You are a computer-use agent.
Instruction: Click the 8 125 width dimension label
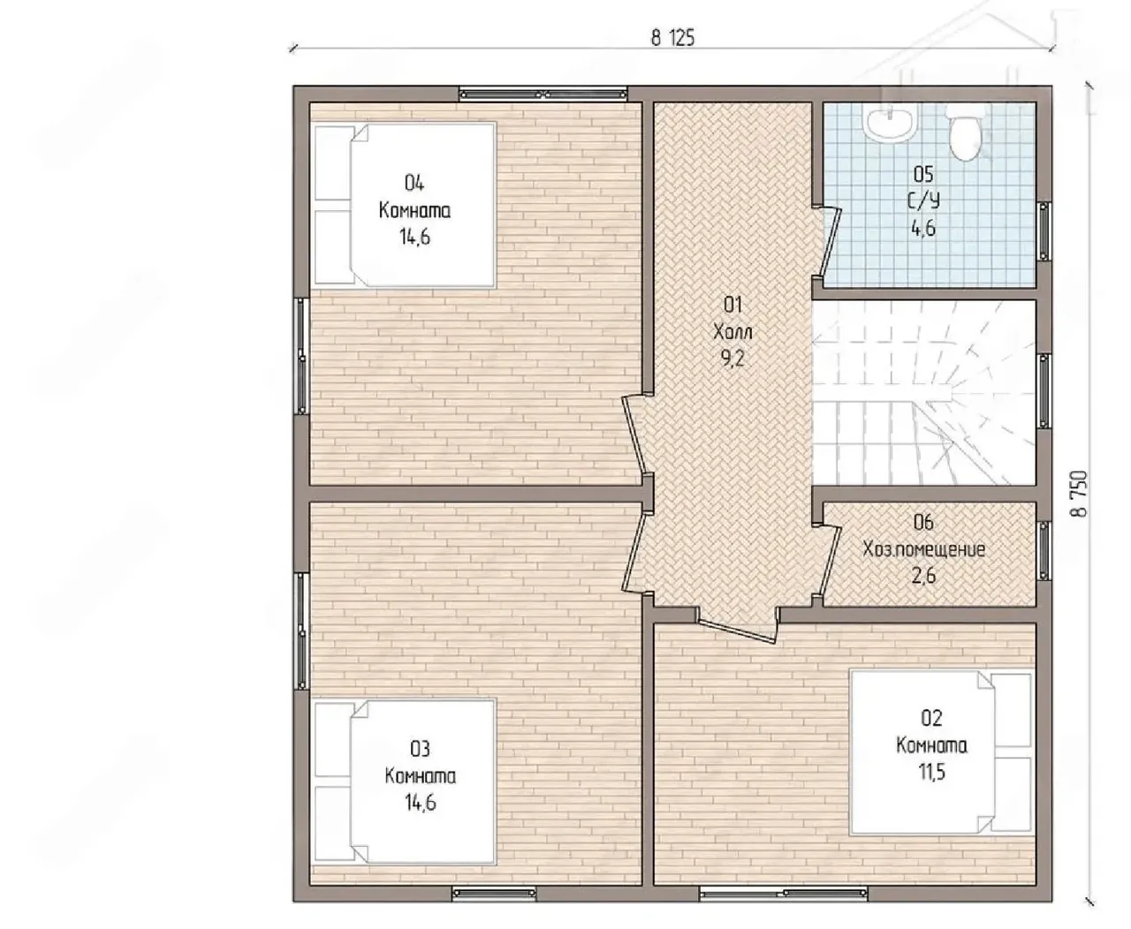coord(672,38)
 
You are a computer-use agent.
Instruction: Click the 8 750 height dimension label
coord(1079,493)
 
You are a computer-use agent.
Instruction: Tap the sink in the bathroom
coord(889,124)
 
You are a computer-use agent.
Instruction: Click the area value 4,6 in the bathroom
coord(923,229)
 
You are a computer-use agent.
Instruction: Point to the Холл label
coord(732,332)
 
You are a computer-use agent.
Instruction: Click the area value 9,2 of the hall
coord(732,359)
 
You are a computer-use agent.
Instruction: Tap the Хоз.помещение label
coord(923,549)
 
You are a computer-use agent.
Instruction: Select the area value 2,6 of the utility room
coord(923,576)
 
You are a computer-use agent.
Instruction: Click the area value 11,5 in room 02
coord(931,772)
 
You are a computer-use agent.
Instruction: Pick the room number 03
coord(420,748)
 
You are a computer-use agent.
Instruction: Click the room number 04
coord(414,184)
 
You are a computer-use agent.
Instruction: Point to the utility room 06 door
coord(826,563)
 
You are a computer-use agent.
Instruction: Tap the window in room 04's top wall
coord(543,94)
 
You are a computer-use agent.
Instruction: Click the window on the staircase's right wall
coord(1044,391)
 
